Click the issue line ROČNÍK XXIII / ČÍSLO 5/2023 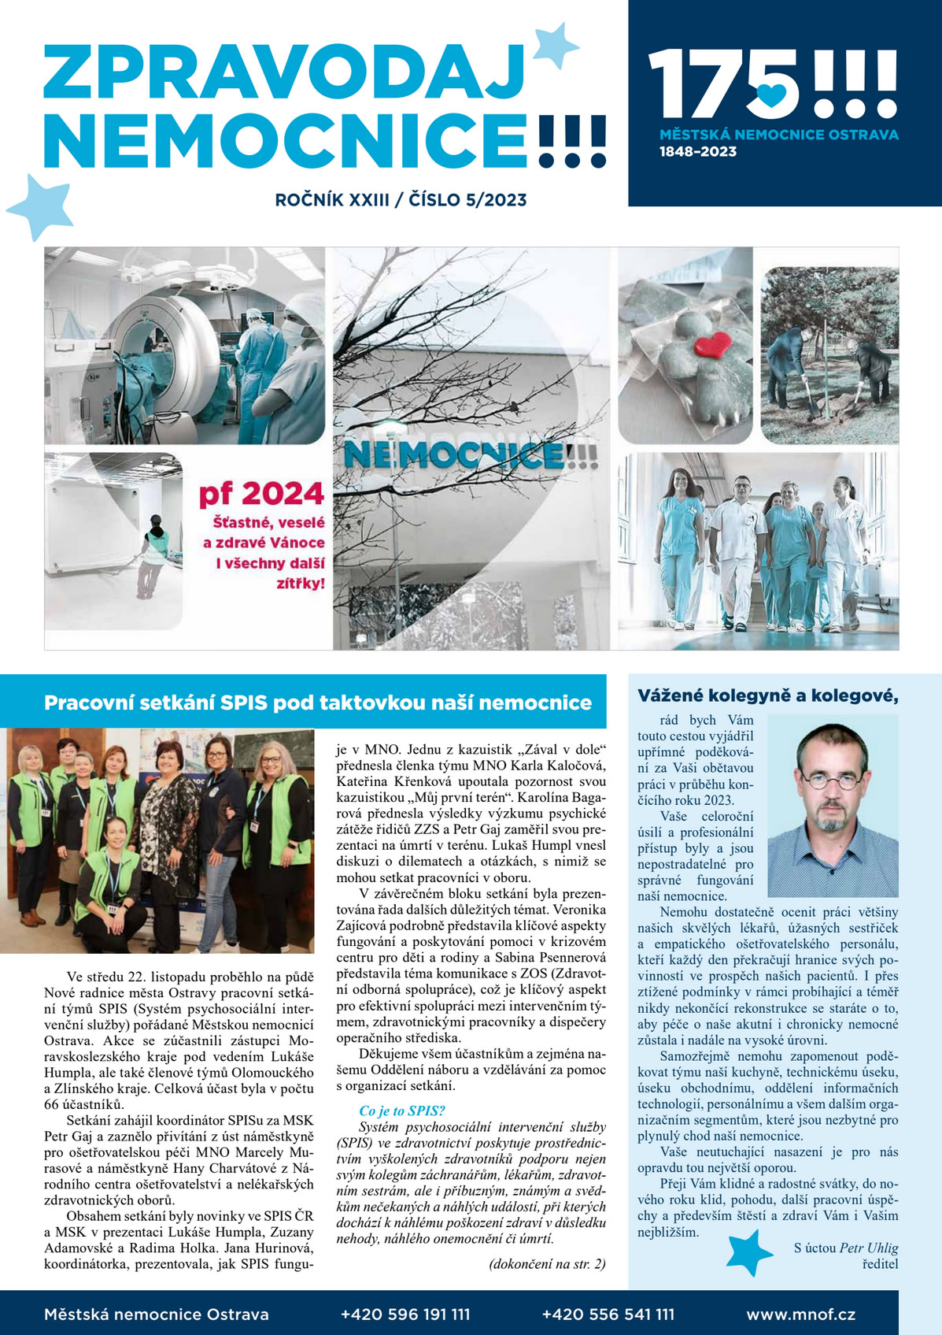pos(401,200)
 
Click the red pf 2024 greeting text pos(260,494)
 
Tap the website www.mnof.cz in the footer pos(800,1314)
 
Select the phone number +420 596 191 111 pos(405,1314)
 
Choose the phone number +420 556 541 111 pos(608,1314)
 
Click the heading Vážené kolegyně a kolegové pos(767,695)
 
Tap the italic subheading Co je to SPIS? pos(401,1111)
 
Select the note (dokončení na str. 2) pos(547,1264)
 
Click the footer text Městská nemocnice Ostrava pos(157,1314)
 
